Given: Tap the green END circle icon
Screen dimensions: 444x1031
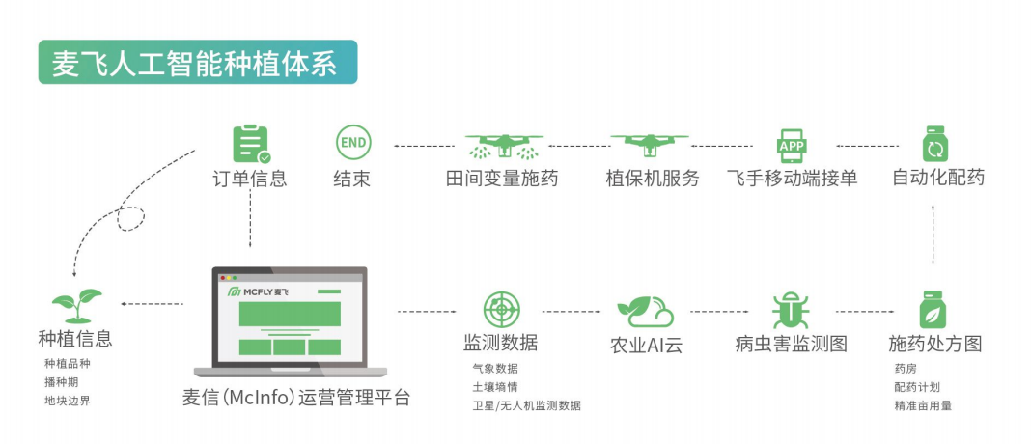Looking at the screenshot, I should click(x=352, y=143).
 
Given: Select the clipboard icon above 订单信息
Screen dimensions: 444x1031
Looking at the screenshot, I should click(x=250, y=144).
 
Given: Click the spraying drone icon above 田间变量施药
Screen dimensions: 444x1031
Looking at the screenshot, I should click(x=502, y=146).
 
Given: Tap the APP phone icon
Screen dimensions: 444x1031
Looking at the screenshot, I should click(x=792, y=145).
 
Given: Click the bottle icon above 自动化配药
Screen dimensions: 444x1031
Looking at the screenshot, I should click(x=934, y=145).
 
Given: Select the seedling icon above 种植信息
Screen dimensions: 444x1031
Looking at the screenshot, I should click(x=76, y=304).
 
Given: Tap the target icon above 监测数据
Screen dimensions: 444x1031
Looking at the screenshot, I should click(x=501, y=309).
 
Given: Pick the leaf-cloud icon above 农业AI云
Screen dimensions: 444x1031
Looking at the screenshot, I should click(x=645, y=311).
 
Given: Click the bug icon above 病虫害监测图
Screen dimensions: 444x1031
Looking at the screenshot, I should click(x=791, y=310).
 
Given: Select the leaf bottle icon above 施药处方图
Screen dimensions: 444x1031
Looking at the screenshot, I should click(x=933, y=309).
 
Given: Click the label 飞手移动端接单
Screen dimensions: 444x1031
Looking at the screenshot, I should click(x=792, y=179).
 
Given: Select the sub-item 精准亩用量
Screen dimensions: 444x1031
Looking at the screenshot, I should click(x=923, y=405).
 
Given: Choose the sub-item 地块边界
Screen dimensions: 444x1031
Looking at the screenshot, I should click(x=68, y=401).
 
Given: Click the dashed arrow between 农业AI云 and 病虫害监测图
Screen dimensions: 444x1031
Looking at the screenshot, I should click(x=719, y=312).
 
